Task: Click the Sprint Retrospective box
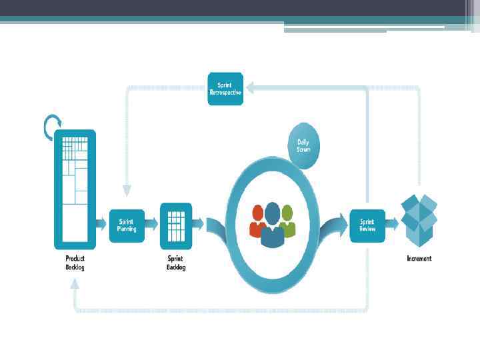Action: [225, 89]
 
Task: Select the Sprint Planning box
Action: [127, 225]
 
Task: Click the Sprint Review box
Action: [367, 225]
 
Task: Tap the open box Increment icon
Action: [418, 220]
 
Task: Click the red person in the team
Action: [257, 221]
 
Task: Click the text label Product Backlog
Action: [75, 263]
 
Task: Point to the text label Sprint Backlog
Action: [176, 263]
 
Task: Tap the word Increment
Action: [419, 259]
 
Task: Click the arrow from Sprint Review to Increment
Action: [393, 225]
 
